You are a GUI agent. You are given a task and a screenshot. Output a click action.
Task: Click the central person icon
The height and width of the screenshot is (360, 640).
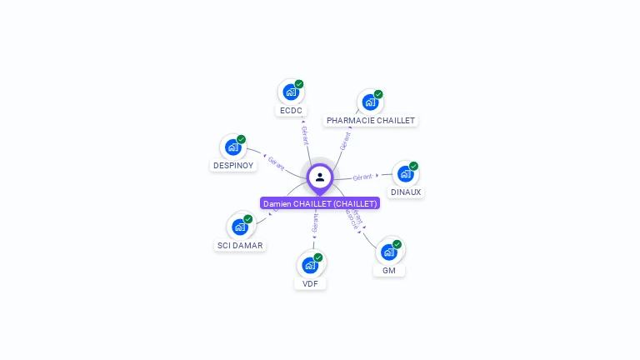click(x=320, y=177)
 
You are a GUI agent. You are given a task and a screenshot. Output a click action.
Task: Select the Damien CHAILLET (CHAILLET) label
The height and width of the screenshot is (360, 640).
click(x=320, y=203)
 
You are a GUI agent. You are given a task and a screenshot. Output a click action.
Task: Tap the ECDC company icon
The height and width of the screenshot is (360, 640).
click(x=290, y=92)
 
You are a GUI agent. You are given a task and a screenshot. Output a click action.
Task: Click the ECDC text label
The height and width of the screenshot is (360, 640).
click(x=291, y=111)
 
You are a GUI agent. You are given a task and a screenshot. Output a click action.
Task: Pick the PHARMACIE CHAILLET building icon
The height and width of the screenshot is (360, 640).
click(x=370, y=102)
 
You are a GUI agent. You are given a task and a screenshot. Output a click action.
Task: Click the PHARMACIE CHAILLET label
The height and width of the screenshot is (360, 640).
click(x=371, y=121)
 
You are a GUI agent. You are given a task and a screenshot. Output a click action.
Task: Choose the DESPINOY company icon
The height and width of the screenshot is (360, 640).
click(x=232, y=147)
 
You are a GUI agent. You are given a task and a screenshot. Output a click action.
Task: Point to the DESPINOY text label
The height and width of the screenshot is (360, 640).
click(x=233, y=166)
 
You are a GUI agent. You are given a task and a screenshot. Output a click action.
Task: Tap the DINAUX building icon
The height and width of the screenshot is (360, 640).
click(x=405, y=173)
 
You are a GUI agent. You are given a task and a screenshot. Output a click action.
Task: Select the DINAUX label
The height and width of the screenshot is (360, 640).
click(x=406, y=192)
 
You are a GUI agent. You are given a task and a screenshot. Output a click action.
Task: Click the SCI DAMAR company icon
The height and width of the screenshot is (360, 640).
click(x=239, y=226)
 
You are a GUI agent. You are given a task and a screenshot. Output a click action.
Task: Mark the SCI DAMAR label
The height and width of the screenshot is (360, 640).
click(x=240, y=246)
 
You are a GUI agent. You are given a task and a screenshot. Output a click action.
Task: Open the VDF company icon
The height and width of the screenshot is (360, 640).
click(x=310, y=264)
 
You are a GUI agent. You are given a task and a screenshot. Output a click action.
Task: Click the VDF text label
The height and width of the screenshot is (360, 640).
click(x=310, y=284)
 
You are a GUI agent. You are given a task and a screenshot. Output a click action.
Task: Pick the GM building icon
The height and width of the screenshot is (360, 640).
click(x=388, y=251)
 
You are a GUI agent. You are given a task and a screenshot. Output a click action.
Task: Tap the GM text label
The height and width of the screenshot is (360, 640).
click(x=389, y=271)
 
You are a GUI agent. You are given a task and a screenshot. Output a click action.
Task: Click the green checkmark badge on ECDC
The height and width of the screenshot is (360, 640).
click(x=299, y=84)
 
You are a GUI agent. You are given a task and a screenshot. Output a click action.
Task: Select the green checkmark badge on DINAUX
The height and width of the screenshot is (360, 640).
click(x=413, y=166)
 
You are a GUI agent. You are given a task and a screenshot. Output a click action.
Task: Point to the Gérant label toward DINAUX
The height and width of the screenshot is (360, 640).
click(x=362, y=177)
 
